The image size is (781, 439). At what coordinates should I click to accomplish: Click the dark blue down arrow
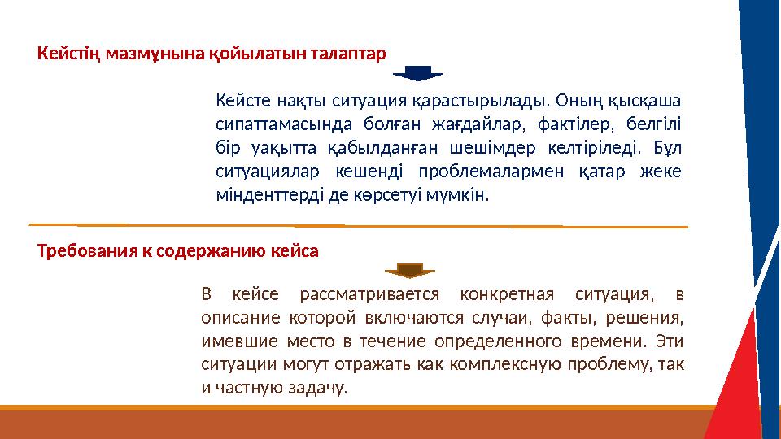pos(417,72)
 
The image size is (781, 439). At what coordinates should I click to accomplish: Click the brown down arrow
pos(411,270)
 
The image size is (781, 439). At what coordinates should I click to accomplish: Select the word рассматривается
pos(369,293)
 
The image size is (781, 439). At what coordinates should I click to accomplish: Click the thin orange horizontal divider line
pos(358,224)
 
